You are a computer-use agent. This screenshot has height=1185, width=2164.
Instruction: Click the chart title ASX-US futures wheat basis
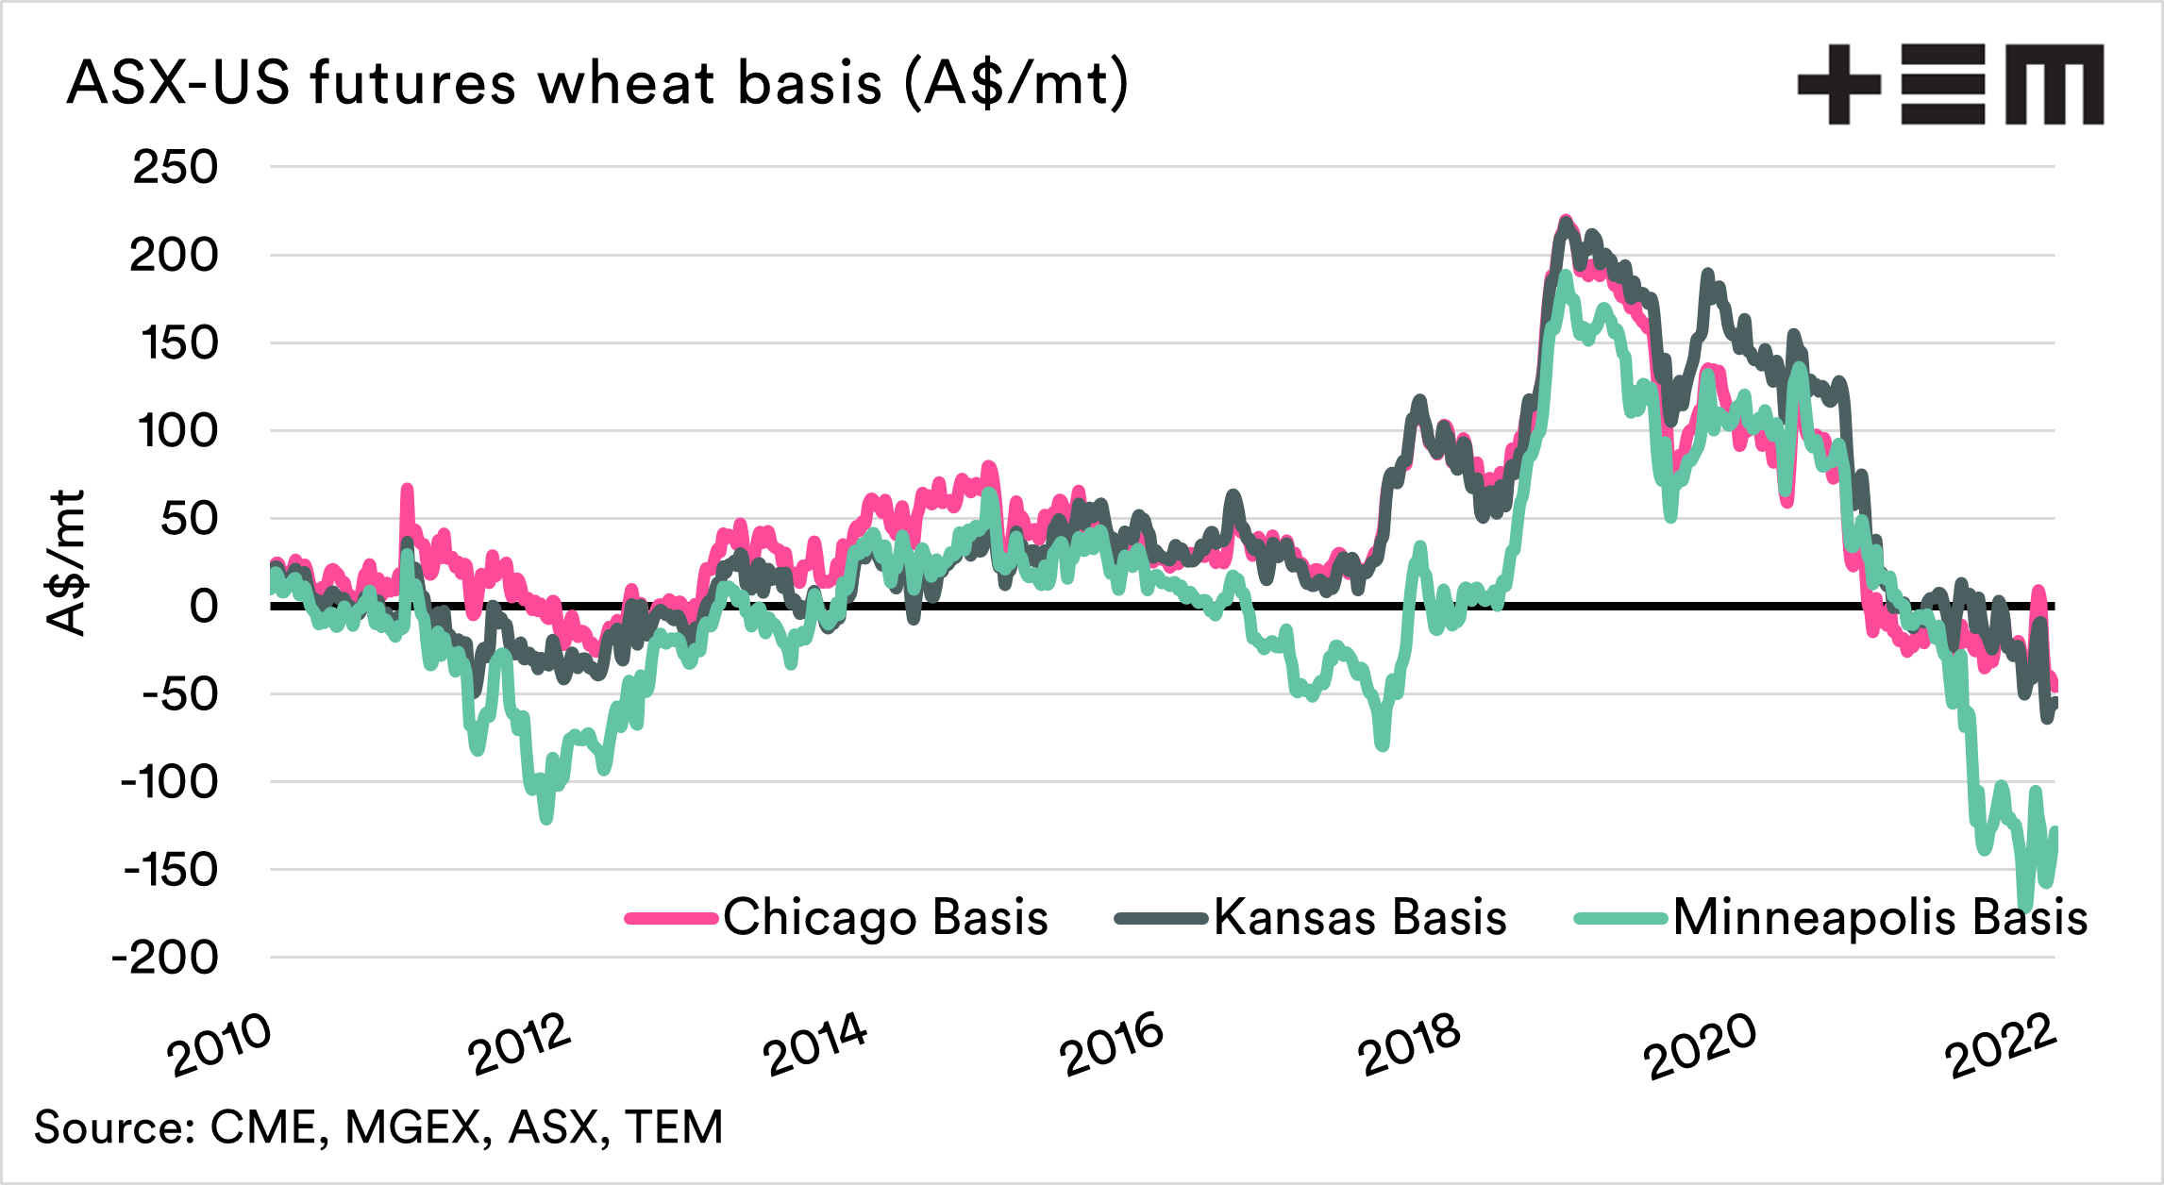pos(597,83)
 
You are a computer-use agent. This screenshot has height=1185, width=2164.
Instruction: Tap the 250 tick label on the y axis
pos(176,168)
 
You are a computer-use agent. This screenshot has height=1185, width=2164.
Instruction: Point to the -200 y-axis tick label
pos(165,959)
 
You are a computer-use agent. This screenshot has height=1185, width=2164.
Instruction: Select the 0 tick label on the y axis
pos(204,607)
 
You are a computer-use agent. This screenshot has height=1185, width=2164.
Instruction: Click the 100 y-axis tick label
pos(178,432)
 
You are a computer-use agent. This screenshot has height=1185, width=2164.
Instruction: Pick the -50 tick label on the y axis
pos(180,695)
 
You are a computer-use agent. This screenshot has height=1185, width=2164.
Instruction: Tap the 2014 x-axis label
pos(815,1045)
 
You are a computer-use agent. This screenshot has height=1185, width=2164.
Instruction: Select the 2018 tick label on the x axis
pos(1409,1045)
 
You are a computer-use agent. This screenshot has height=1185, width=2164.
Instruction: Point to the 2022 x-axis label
pos(2001,1045)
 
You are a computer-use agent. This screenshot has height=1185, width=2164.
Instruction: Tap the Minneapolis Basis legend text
pos(1880,917)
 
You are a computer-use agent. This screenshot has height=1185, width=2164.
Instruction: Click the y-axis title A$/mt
pos(66,563)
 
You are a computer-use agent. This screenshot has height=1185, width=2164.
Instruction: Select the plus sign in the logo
pos(1838,84)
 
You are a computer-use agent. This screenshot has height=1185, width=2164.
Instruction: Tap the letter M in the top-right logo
pos(2054,84)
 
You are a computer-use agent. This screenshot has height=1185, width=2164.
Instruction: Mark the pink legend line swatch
pos(671,918)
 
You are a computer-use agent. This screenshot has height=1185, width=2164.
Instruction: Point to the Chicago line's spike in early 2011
pos(407,491)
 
